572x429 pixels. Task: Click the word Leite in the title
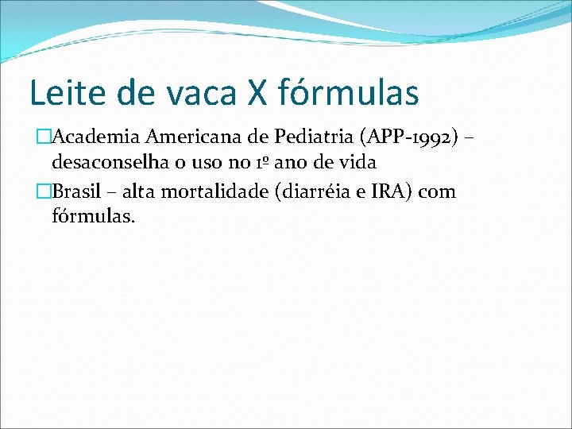[x=64, y=93]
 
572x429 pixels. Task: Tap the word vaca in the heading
[x=196, y=93]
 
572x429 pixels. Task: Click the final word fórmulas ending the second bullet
[x=94, y=215]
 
